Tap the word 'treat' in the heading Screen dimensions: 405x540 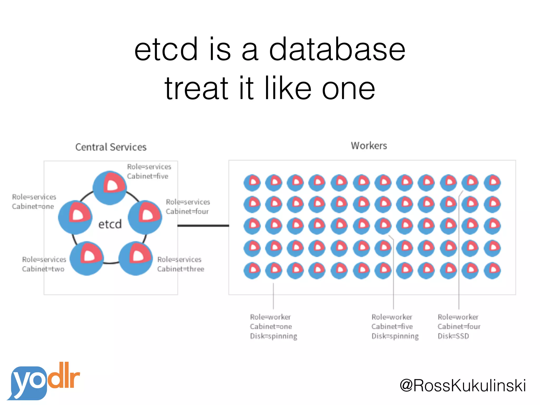tap(196, 88)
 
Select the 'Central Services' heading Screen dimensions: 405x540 tap(111, 147)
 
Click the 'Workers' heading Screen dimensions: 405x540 tap(369, 146)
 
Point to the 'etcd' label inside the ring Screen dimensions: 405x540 tap(110, 224)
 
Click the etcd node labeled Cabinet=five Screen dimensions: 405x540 tap(110, 188)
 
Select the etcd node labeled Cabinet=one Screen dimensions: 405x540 tap(75, 217)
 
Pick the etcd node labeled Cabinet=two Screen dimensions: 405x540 tap(87, 258)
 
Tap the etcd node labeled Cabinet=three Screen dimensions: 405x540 tap(136, 258)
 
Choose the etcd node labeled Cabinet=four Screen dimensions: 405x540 tap(145, 217)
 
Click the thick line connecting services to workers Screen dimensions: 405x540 tap(203, 226)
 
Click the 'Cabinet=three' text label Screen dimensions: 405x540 tap(181, 269)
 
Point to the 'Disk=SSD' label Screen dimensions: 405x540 tap(453, 336)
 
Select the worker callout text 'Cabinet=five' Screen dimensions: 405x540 tap(392, 326)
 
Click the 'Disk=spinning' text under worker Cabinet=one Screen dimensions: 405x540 tap(273, 336)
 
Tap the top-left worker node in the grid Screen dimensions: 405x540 tap(252, 182)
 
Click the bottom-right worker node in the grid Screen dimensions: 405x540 tap(492, 270)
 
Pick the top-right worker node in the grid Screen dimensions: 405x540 tap(492, 182)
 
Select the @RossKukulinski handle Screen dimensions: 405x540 tap(463, 385)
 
